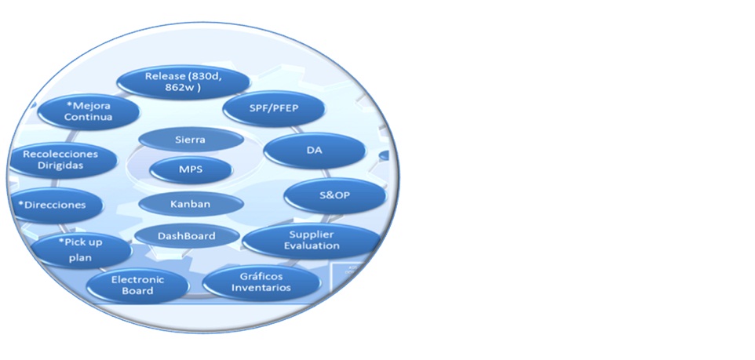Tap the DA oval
[315, 151]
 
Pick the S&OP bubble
[335, 195]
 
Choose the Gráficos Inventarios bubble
[261, 282]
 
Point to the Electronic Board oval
[137, 285]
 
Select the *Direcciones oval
[56, 204]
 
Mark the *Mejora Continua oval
[89, 111]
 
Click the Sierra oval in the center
[191, 139]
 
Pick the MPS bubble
[191, 169]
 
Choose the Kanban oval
[191, 203]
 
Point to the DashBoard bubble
[186, 235]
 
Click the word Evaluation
[312, 246]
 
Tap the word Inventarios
[261, 288]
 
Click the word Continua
[89, 118]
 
